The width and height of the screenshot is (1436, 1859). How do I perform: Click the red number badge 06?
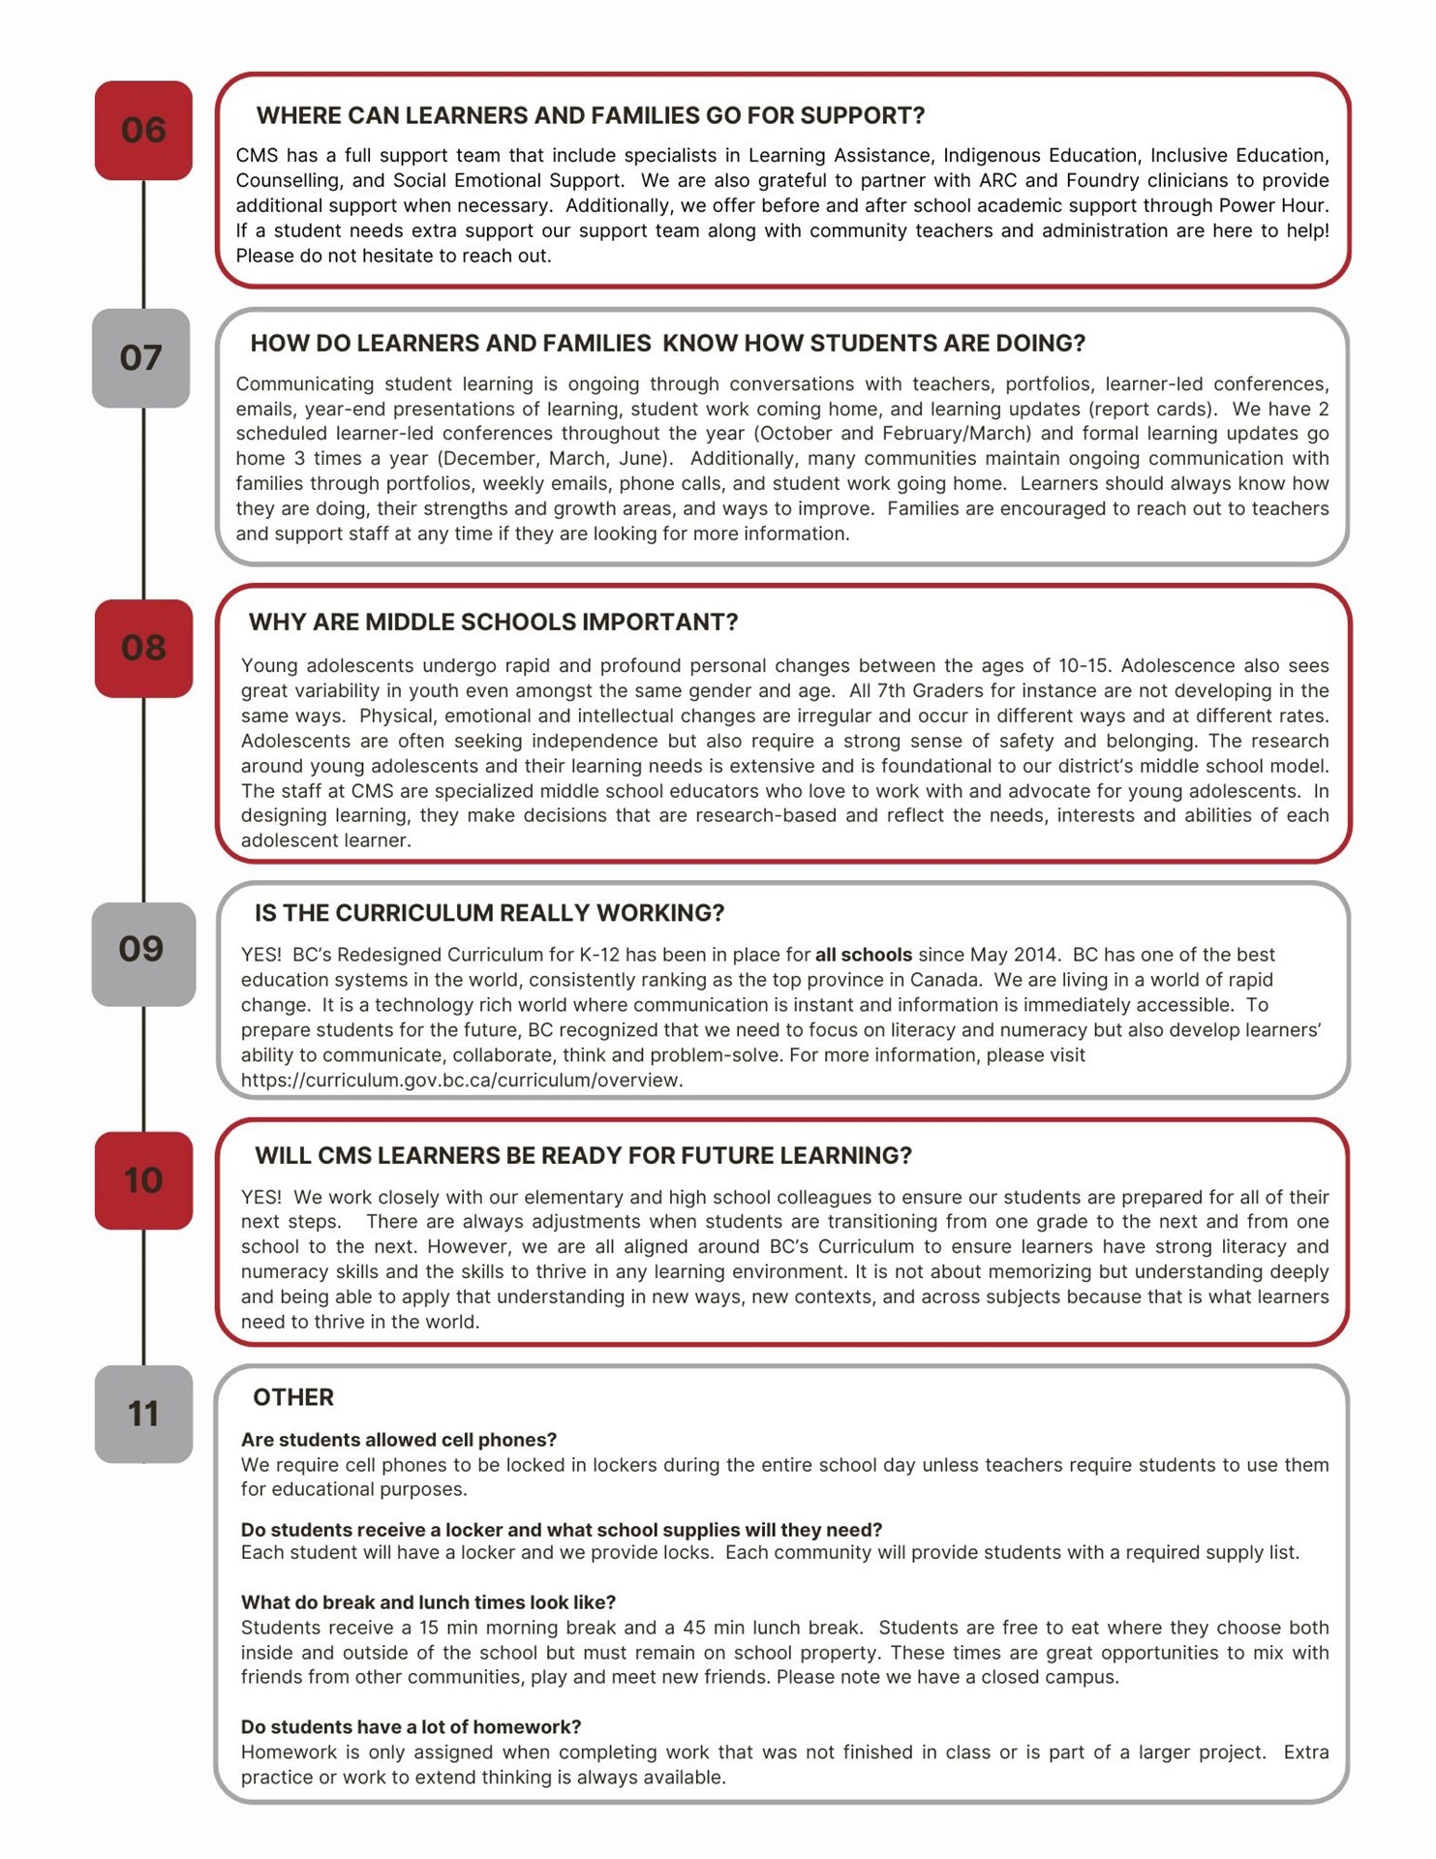coord(143,130)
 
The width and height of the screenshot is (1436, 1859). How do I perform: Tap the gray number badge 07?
coord(141,358)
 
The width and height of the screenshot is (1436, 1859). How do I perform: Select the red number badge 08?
coord(143,648)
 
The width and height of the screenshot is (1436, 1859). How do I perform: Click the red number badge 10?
coord(143,1180)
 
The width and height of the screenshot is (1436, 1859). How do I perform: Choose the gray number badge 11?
coord(143,1415)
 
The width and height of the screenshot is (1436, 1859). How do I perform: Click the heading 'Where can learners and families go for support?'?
coord(590,116)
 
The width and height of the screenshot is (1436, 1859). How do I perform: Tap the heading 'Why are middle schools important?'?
coord(493,623)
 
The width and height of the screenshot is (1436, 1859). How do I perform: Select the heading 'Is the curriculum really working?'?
coord(489,913)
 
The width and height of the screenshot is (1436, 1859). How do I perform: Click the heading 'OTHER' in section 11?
coord(292,1397)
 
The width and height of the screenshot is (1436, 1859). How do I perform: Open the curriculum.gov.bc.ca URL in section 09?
coord(462,1081)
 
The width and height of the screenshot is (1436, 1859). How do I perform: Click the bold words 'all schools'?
coord(863,955)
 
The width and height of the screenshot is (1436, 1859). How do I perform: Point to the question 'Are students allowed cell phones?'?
coord(398,1440)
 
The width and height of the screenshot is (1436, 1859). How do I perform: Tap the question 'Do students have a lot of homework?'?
coord(411,1727)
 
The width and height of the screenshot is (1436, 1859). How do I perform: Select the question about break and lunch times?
coord(428,1602)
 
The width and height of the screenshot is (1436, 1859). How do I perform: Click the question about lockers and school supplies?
coord(561,1530)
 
